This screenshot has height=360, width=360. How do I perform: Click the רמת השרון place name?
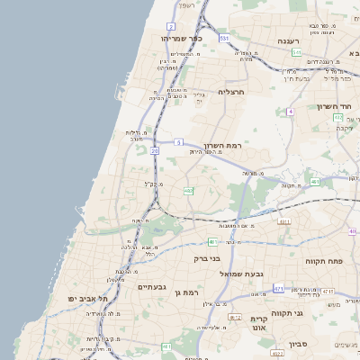click(x=223, y=145)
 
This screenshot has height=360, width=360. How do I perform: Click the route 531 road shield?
click(x=222, y=39)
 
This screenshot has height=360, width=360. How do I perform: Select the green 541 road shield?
click(x=296, y=53)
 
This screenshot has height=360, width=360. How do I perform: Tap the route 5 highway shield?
click(x=179, y=142)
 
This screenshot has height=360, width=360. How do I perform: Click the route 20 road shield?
click(x=155, y=151)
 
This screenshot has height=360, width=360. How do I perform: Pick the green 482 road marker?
click(x=189, y=191)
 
